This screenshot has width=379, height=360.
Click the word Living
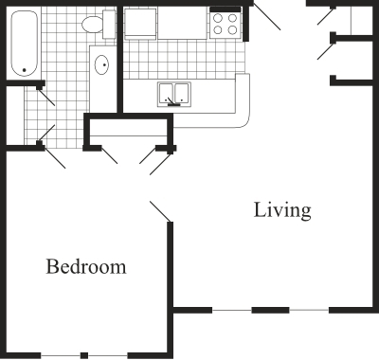pyautogui.click(x=282, y=211)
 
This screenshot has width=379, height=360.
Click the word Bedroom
pyautogui.click(x=86, y=266)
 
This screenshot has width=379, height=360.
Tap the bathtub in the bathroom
pyautogui.click(x=25, y=44)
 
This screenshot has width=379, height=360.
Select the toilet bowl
pyautogui.click(x=93, y=24)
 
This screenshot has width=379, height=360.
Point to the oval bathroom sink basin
pyautogui.click(x=101, y=65)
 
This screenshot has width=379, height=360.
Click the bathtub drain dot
pyautogui.click(x=24, y=70)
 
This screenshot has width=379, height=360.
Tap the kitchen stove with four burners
pyautogui.click(x=226, y=23)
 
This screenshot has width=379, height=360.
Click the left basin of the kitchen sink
pyautogui.click(x=166, y=93)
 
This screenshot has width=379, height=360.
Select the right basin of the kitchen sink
pyautogui.click(x=182, y=93)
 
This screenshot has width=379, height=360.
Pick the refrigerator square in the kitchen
pyautogui.click(x=140, y=24)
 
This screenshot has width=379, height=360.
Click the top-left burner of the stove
pyautogui.click(x=218, y=18)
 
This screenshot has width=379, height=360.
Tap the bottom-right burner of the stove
pyautogui.click(x=232, y=30)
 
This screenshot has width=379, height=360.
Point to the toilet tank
pyautogui.click(x=109, y=24)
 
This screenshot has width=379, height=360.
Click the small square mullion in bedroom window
pyautogui.click(x=84, y=355)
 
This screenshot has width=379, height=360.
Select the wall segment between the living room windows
pyautogui.click(x=270, y=310)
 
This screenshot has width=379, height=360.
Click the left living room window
pyautogui.click(x=232, y=310)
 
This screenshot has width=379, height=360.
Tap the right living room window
pyautogui.click(x=309, y=310)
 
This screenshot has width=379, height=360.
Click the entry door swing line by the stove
pyautogui.click(x=267, y=16)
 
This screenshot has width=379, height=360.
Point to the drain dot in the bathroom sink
pyautogui.click(x=104, y=65)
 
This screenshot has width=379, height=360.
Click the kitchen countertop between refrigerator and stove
pyautogui.click(x=182, y=23)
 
